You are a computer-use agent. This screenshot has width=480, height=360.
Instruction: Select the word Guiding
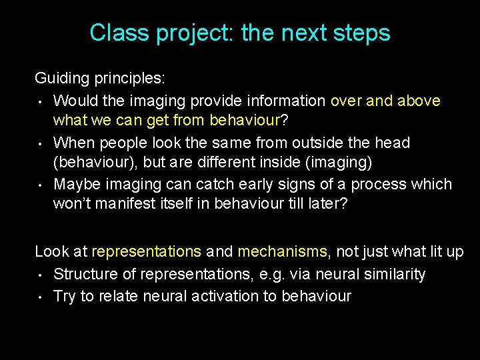pyautogui.click(x=62, y=79)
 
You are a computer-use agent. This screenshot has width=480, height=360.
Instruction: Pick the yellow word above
pyautogui.click(x=419, y=101)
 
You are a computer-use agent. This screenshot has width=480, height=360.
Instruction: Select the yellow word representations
pyautogui.click(x=146, y=252)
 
